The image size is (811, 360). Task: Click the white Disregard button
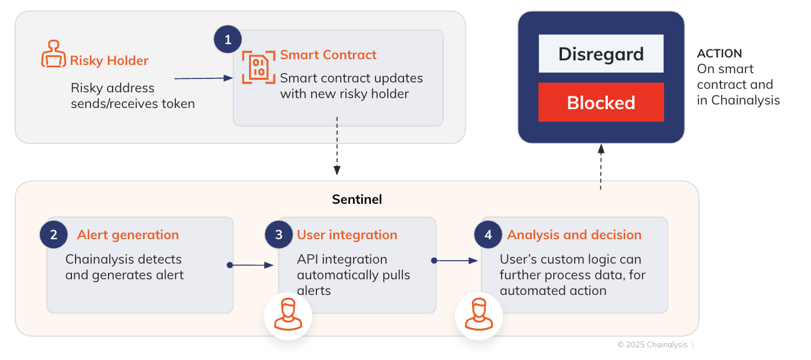[x=601, y=53]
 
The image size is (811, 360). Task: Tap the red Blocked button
[x=601, y=102]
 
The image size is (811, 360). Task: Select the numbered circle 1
[x=228, y=39]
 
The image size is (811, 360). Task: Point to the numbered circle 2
[x=53, y=235]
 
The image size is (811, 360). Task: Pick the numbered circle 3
[x=279, y=235]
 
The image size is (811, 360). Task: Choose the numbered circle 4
[x=488, y=235]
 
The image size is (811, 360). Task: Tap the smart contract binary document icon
[x=258, y=67]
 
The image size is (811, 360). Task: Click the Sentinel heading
[x=357, y=199]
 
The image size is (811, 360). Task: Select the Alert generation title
[x=128, y=235]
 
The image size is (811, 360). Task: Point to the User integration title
[x=347, y=235]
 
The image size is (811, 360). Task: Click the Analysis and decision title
[x=574, y=235]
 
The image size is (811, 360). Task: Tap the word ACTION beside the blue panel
[x=719, y=53]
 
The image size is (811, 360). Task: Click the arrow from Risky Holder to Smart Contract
[x=203, y=78]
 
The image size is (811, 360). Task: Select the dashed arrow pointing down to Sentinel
[x=337, y=146]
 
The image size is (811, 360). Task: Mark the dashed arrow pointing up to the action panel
[x=601, y=167]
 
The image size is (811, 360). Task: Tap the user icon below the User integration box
[x=288, y=314]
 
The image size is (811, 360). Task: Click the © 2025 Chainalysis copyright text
[x=653, y=344]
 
